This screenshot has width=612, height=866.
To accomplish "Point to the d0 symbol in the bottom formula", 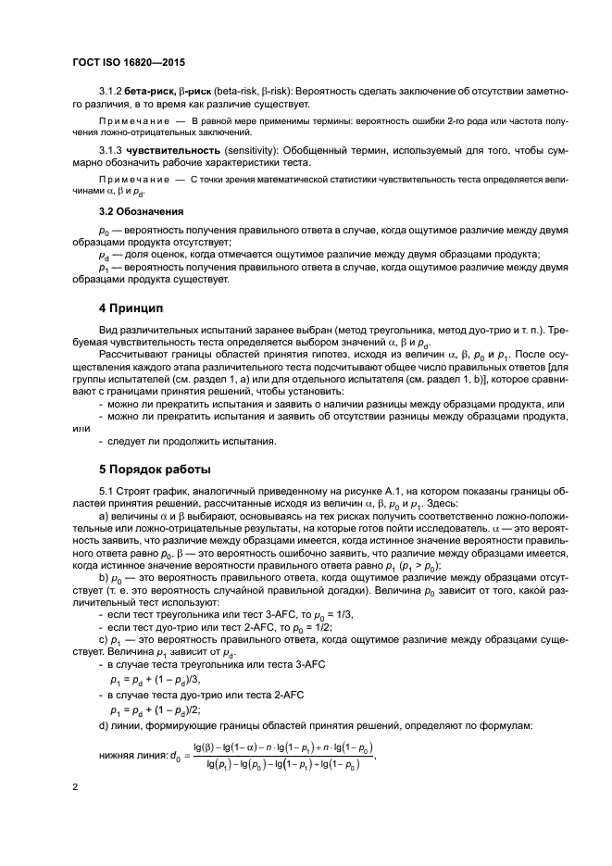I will click(x=174, y=756).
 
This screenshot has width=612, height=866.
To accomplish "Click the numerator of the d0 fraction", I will click(x=283, y=746).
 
